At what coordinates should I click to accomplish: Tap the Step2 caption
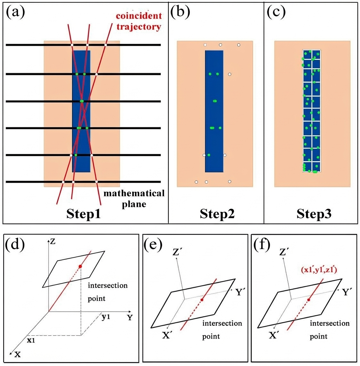(x=215, y=214)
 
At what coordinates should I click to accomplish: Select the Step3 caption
(x=312, y=214)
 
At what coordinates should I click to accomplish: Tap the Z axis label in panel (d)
(x=53, y=241)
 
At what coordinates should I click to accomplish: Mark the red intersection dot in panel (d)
(x=81, y=266)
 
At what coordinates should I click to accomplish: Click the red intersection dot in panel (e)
(x=202, y=300)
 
